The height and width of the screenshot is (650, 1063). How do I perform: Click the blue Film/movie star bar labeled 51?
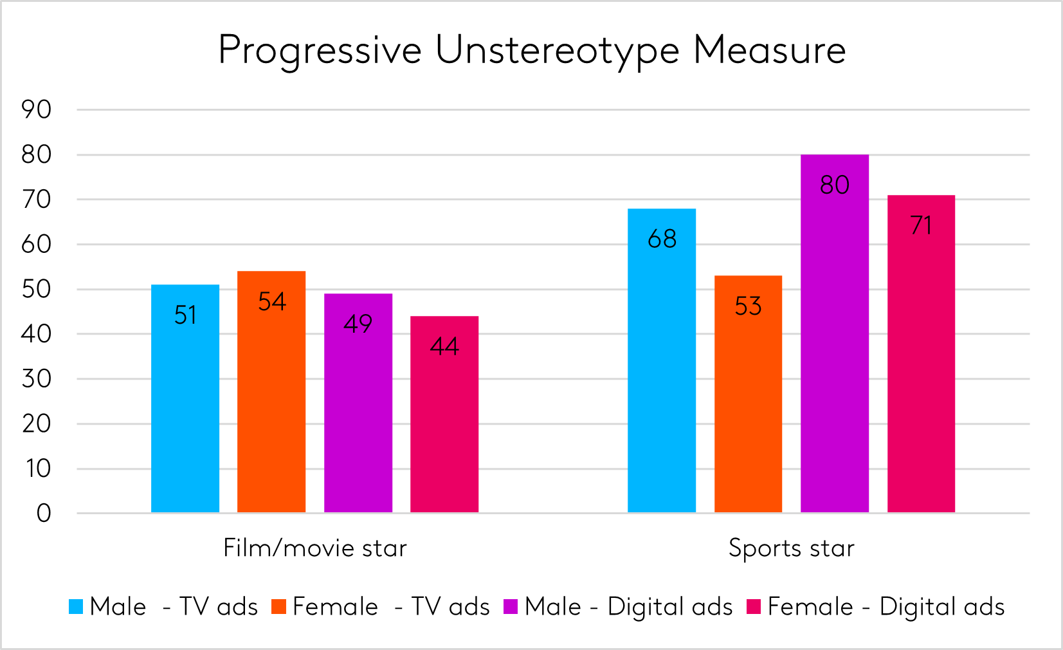[x=185, y=399]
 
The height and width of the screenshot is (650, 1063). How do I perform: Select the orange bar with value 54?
[x=271, y=393]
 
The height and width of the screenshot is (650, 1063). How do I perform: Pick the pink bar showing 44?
[x=444, y=415]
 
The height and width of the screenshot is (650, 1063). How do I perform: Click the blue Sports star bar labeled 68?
[x=662, y=360]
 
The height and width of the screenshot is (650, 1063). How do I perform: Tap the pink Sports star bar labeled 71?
[x=921, y=354]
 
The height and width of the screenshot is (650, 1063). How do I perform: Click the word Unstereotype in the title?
[x=557, y=50]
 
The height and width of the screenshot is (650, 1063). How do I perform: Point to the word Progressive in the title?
[x=320, y=50]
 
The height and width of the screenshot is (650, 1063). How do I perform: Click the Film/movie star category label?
[x=315, y=548]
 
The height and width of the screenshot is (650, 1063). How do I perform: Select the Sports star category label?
[x=792, y=548]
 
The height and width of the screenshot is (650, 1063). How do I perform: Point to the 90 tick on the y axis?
[x=37, y=110]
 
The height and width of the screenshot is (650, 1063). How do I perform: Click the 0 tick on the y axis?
[x=44, y=514]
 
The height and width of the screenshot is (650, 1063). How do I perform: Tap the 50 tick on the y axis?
[x=37, y=290]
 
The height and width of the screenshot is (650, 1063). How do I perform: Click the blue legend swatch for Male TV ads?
[x=76, y=607]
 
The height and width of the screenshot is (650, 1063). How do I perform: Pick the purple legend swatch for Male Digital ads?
[x=511, y=607]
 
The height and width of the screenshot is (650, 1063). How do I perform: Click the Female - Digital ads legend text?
[x=886, y=607]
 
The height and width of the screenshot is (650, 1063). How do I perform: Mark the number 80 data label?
[x=835, y=185]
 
